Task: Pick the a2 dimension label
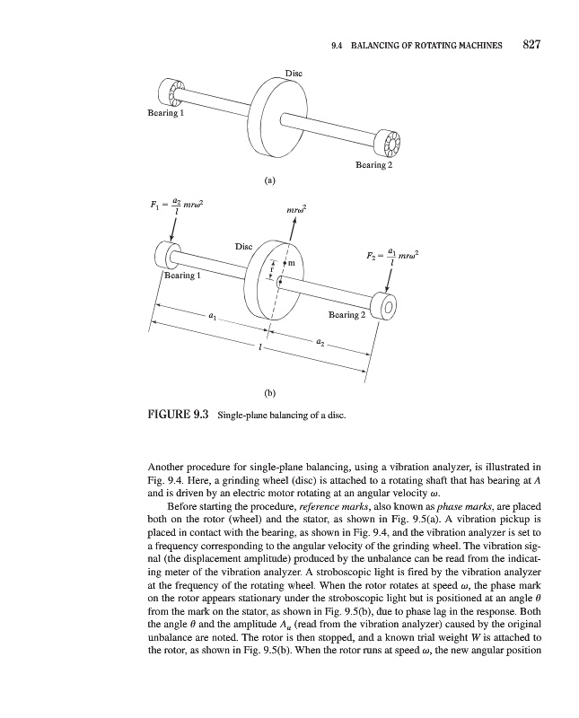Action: pyautogui.click(x=320, y=341)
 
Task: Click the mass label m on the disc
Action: pyautogui.click(x=292, y=263)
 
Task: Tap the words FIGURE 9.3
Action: pyautogui.click(x=178, y=415)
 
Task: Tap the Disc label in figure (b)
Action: pyautogui.click(x=245, y=245)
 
